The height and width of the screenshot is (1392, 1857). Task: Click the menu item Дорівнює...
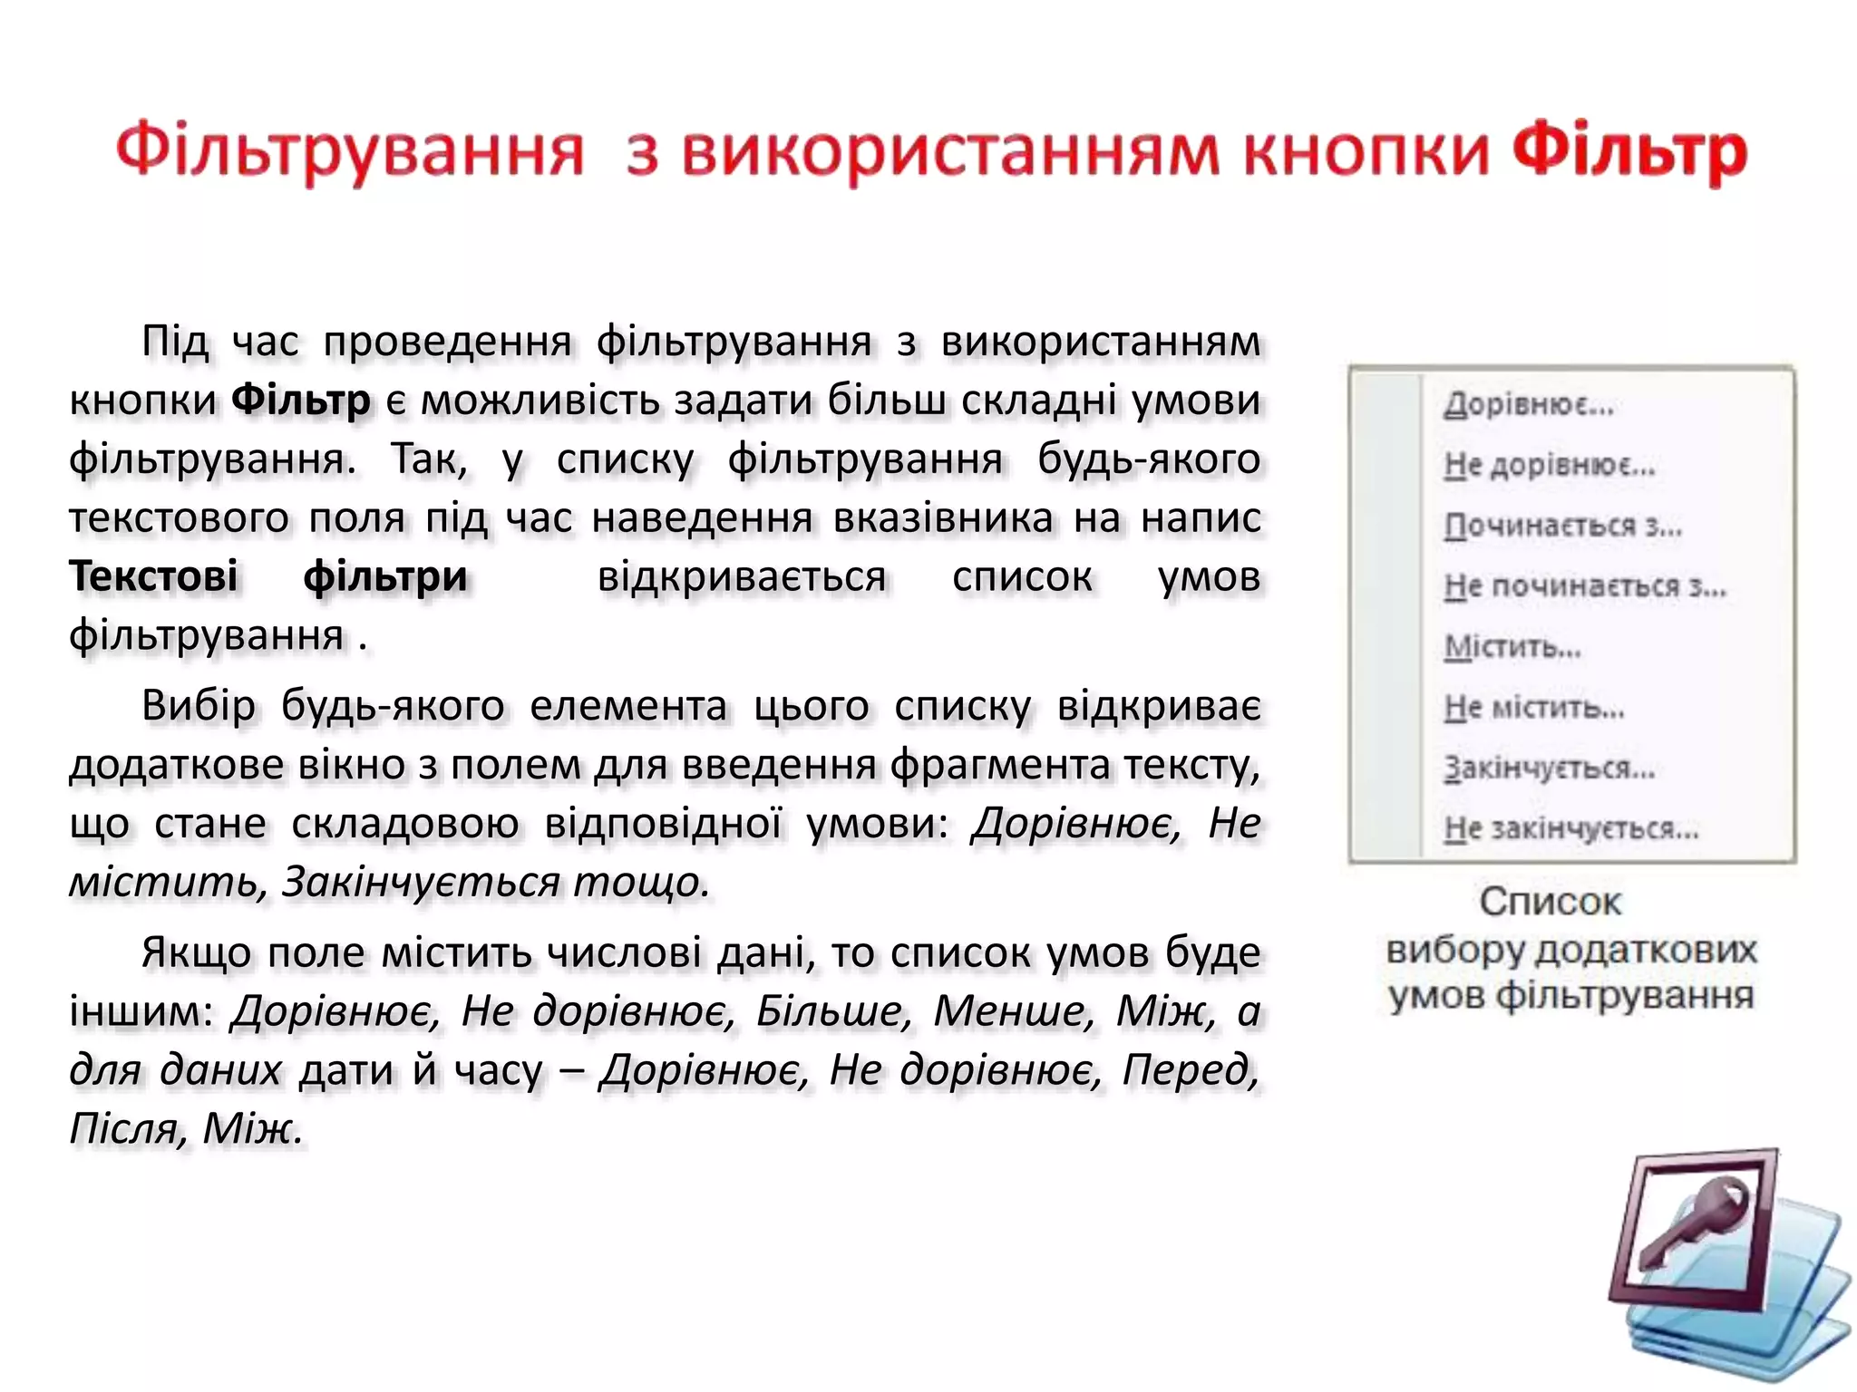pos(1529,404)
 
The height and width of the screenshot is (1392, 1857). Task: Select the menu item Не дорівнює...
pos(1550,465)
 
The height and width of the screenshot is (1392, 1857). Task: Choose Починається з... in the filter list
pos(1562,526)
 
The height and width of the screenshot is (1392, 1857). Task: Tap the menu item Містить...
pos(1512,647)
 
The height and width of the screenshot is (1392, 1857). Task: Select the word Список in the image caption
pos(1550,902)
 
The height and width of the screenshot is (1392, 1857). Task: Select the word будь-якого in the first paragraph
pos(1149,459)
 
